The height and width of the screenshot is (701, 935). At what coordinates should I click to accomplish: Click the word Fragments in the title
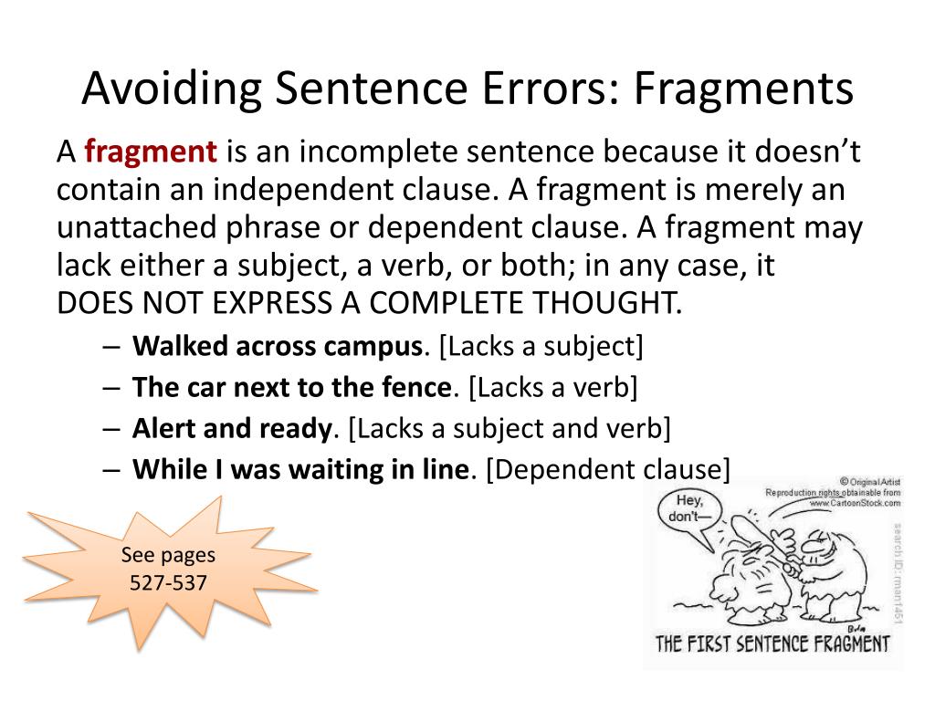(x=743, y=89)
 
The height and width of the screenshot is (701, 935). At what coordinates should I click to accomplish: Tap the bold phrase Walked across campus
(x=278, y=346)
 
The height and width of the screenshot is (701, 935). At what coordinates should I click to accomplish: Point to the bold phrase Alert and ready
(x=231, y=428)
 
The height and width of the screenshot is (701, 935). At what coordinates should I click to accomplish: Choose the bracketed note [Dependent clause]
(x=608, y=469)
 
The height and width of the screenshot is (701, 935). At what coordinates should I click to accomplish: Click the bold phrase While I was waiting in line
(x=300, y=469)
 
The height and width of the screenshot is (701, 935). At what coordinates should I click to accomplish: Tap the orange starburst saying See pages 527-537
(x=169, y=569)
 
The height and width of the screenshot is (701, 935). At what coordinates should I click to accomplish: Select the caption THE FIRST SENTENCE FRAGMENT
(x=772, y=643)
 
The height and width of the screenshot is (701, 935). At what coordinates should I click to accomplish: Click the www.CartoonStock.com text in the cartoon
(x=853, y=503)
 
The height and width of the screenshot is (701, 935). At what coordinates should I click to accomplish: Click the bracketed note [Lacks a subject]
(x=541, y=346)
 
